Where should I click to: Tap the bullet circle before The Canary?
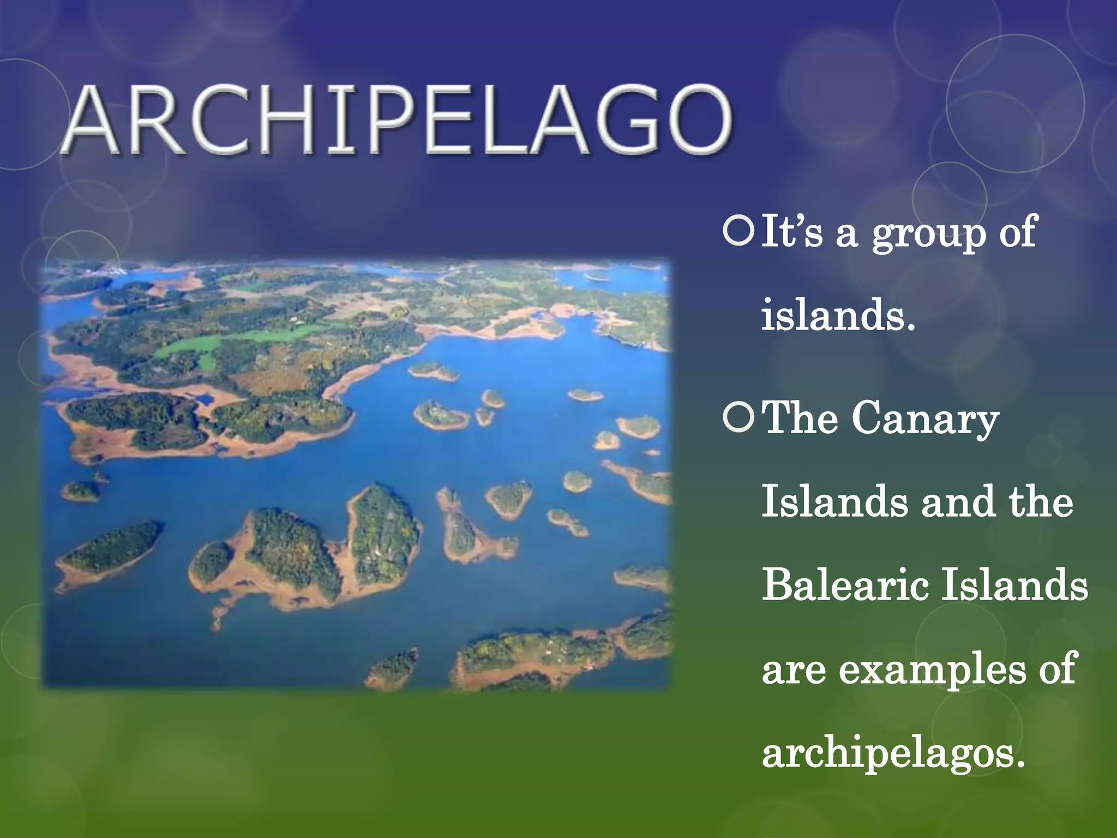pos(738,418)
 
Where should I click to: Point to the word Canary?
pos(924,420)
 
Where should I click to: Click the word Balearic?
pos(845,584)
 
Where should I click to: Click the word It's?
pos(791,231)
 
